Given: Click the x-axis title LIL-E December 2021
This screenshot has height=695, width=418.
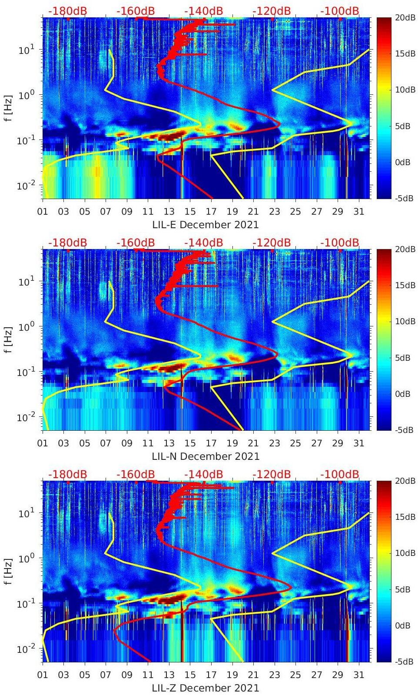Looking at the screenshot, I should pyautogui.click(x=205, y=225).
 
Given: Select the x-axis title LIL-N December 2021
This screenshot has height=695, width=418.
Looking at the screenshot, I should pyautogui.click(x=205, y=456).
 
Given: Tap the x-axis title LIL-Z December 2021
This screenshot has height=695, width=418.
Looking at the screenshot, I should pyautogui.click(x=205, y=688).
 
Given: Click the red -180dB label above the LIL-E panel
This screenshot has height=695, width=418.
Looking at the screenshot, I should pyautogui.click(x=67, y=11).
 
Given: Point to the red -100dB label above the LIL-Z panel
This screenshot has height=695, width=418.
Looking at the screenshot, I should pyautogui.click(x=340, y=474).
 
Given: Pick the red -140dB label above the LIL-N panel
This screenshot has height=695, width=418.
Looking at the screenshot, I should pyautogui.click(x=203, y=243).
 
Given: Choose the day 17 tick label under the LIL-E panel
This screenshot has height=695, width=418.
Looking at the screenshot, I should pyautogui.click(x=211, y=212).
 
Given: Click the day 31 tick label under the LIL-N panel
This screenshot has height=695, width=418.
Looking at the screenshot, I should pyautogui.click(x=358, y=443).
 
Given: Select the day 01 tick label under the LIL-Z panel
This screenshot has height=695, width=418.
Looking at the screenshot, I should pyautogui.click(x=43, y=675).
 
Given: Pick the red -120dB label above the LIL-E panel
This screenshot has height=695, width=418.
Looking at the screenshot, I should pyautogui.click(x=272, y=11).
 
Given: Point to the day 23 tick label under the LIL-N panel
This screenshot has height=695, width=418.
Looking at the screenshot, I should pyautogui.click(x=274, y=443).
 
